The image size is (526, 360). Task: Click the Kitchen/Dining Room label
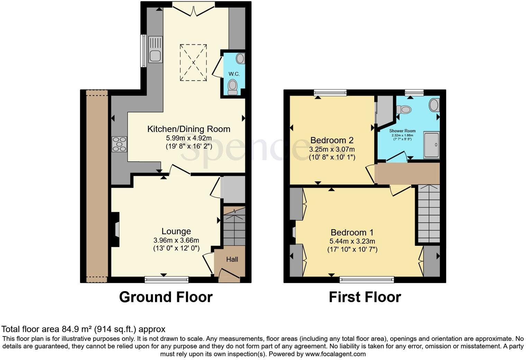[x=189, y=129]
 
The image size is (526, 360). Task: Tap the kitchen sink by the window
[x=155, y=50]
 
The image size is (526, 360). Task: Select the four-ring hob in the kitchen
[x=119, y=144]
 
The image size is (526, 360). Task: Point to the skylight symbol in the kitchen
[x=193, y=62]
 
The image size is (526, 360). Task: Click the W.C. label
[x=234, y=74]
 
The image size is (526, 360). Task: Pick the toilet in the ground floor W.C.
[x=233, y=87]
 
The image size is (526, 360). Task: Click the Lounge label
[x=176, y=231]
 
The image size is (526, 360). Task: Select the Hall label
[x=232, y=259]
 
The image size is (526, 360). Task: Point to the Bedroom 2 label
[x=332, y=140]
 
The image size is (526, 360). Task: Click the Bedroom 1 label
[x=352, y=233]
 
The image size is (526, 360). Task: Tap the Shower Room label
[x=402, y=131]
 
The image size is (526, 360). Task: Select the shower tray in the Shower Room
[x=431, y=145]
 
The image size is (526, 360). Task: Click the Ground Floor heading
[x=166, y=297]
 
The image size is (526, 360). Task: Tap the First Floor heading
[x=365, y=297]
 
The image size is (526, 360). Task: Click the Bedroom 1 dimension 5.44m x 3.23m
[x=352, y=241]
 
